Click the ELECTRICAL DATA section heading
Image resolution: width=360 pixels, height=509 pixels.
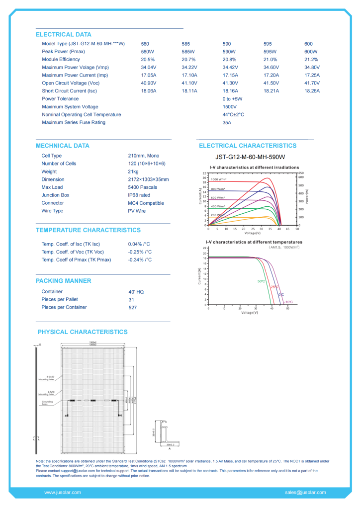(x=63, y=35)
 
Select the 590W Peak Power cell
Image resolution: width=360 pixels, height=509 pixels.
(x=229, y=52)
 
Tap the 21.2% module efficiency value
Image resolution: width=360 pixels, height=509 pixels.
(x=311, y=60)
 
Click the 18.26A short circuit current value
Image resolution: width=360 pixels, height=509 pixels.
(x=312, y=91)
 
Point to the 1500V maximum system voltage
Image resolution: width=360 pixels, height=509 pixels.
(x=229, y=107)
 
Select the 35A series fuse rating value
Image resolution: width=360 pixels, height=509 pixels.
(x=227, y=122)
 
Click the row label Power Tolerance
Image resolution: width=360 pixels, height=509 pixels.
(x=60, y=99)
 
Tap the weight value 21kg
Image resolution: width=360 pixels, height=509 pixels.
(x=134, y=171)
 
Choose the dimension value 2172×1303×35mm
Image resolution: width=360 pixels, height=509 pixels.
(x=148, y=179)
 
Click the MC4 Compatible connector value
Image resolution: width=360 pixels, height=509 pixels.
(x=146, y=203)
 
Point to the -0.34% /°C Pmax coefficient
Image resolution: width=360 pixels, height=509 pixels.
(x=140, y=260)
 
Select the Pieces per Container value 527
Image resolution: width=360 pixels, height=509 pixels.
(x=132, y=308)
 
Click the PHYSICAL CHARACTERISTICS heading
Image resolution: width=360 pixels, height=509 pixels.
(x=83, y=332)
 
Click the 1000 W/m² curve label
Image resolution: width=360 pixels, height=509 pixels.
(x=219, y=179)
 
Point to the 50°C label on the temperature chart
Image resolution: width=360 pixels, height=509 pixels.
(x=261, y=281)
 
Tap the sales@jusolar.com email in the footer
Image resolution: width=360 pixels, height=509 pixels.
(x=305, y=493)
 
